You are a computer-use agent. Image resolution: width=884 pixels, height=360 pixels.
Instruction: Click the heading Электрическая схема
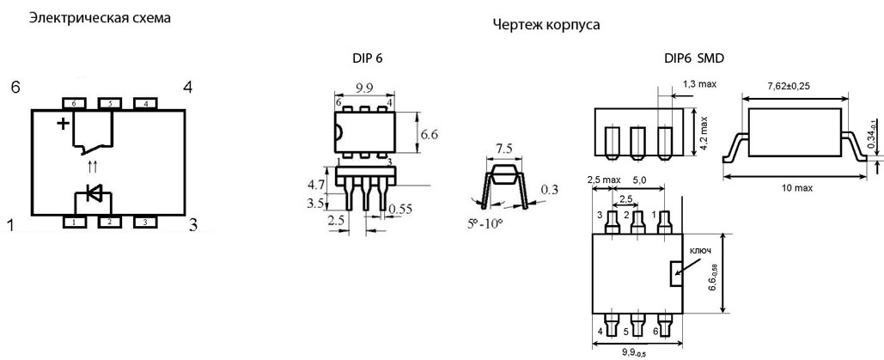(x=94, y=17)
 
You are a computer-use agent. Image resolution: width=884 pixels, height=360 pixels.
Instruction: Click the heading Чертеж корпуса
(x=546, y=25)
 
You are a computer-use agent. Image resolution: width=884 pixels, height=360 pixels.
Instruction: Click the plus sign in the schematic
(x=62, y=124)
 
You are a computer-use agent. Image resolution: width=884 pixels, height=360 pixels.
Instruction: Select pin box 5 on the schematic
(x=109, y=104)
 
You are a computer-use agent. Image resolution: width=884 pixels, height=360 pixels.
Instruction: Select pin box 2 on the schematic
(x=109, y=223)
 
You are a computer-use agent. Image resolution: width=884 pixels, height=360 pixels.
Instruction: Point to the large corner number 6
(x=15, y=87)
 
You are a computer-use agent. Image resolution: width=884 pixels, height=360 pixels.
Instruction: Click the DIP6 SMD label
(x=694, y=58)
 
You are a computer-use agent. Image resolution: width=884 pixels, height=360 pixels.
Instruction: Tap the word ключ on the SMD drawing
(x=700, y=252)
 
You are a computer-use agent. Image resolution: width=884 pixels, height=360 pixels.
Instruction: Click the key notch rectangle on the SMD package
(x=675, y=274)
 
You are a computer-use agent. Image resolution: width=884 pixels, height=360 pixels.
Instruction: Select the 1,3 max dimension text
(x=699, y=83)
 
